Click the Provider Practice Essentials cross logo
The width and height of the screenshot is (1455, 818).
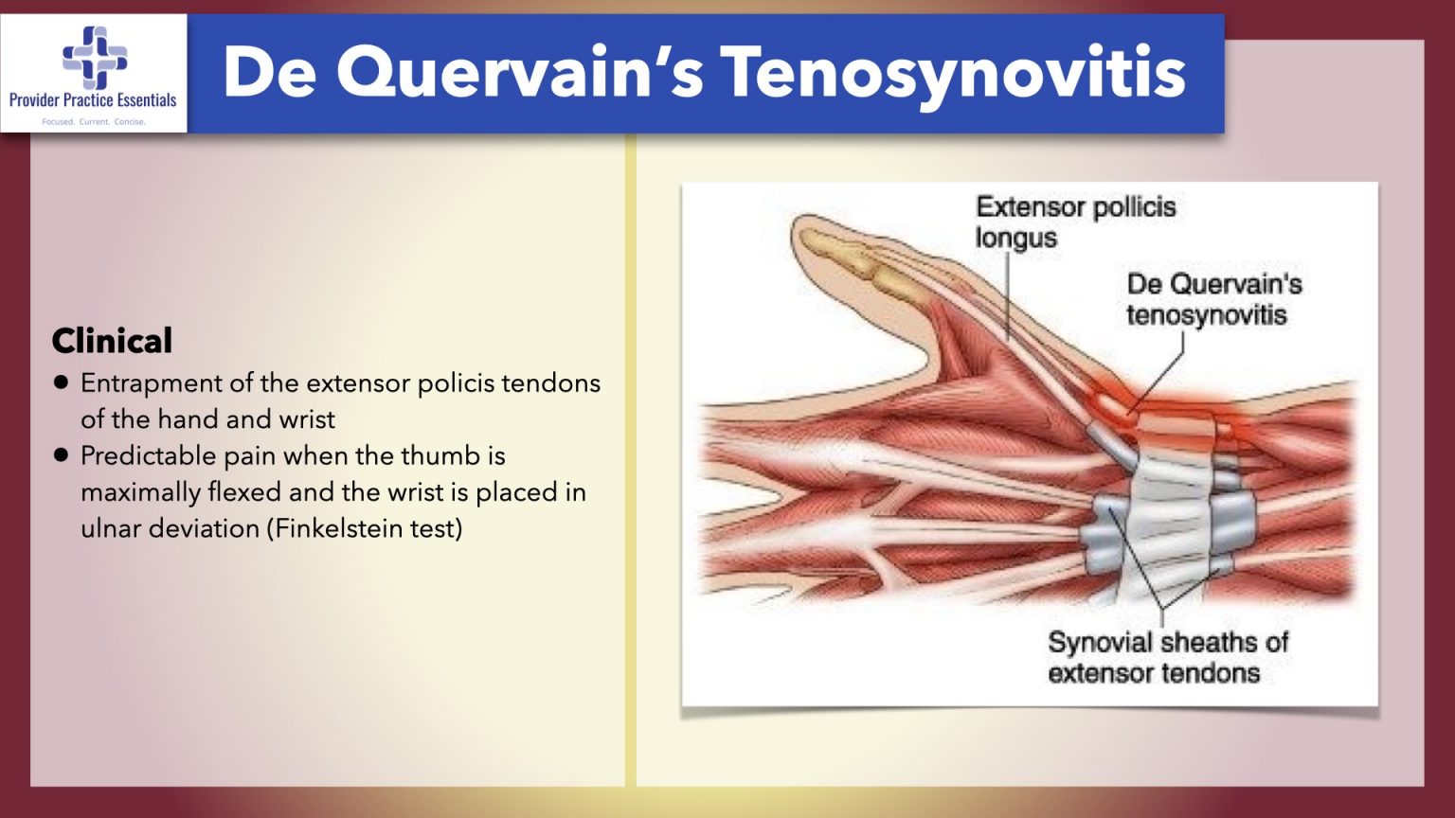point(94,56)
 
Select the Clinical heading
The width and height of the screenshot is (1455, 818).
point(112,341)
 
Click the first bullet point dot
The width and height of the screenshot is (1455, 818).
point(62,382)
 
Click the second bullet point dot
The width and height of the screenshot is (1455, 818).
point(62,455)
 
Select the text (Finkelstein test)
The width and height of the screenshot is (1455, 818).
point(365,528)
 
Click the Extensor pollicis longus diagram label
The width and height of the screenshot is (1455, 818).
point(1075,222)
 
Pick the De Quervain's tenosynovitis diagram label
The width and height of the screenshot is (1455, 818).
point(1213,299)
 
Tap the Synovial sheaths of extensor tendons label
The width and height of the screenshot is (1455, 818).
point(1167,657)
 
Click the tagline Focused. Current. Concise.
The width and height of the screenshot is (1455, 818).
point(94,122)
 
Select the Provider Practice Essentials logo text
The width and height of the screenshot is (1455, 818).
point(93,100)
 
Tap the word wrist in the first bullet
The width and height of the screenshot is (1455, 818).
point(307,419)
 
